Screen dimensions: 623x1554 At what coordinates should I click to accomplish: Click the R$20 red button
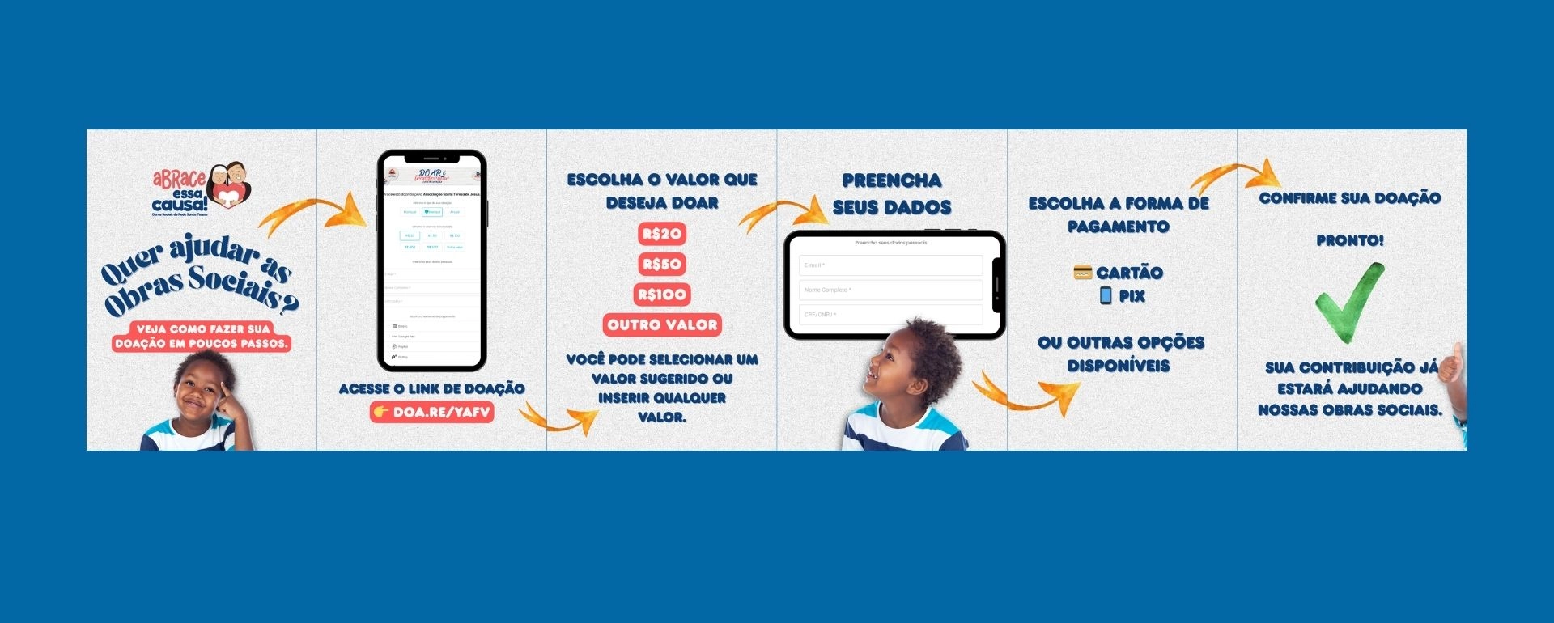point(662,235)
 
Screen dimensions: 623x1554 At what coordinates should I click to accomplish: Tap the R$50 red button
point(662,265)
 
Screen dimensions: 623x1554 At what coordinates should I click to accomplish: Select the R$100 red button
point(662,295)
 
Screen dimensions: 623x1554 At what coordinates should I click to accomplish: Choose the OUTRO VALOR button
point(662,325)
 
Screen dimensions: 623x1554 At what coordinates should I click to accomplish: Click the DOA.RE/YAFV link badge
point(432,412)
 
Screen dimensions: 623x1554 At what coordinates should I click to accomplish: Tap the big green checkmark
point(1348,302)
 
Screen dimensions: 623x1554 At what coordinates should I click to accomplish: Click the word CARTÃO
point(1129,273)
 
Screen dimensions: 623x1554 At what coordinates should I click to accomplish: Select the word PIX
point(1132,296)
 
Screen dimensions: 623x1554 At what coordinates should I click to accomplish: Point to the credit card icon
point(1082,273)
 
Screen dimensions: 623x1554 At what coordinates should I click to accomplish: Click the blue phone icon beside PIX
point(1106,295)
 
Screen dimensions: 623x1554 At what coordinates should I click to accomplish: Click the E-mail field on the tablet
point(890,265)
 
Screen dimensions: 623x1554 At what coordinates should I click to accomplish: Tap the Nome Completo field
point(890,290)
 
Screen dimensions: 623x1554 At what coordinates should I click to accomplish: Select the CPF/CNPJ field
point(890,314)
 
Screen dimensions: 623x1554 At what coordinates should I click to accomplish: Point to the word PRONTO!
point(1349,240)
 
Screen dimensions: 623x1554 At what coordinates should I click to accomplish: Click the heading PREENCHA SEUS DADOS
point(892,194)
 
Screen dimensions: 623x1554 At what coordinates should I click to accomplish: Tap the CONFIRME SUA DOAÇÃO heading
point(1349,198)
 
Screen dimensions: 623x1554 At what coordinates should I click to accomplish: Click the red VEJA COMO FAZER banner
point(202,337)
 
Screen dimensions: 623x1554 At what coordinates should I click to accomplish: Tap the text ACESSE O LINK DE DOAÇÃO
point(431,389)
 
